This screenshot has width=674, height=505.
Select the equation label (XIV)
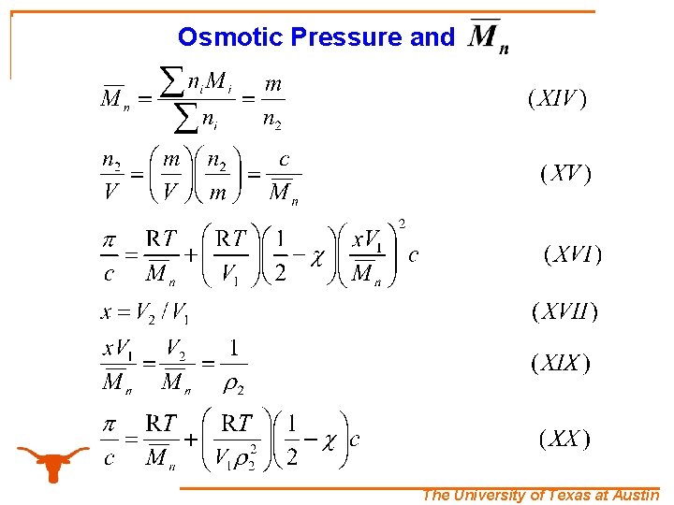[x=558, y=99]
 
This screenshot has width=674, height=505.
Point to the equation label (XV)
[x=565, y=174]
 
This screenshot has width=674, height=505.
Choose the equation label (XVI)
[x=572, y=254]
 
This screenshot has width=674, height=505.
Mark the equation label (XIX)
[x=561, y=364]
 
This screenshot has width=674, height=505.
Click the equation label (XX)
[x=564, y=439]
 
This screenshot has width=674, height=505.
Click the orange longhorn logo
[x=53, y=461]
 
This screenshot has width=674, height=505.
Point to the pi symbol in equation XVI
[x=110, y=240]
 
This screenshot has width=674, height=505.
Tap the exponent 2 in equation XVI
[x=403, y=224]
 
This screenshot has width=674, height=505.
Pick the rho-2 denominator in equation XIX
[x=232, y=382]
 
